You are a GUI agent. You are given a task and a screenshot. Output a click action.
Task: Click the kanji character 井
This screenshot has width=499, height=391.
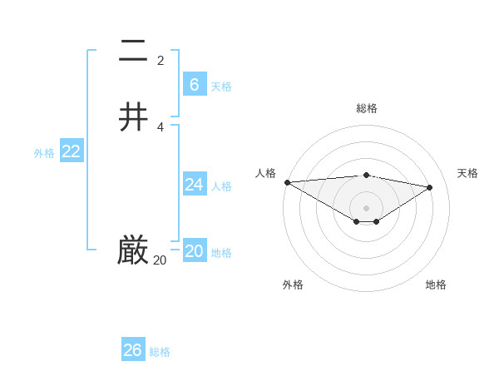(x=134, y=117)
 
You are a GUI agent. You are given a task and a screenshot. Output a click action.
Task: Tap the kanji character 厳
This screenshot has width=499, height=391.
(x=134, y=250)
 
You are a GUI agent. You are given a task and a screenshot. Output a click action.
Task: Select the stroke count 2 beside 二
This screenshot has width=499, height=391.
(x=161, y=60)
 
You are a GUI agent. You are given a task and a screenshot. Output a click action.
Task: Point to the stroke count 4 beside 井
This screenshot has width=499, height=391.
(x=161, y=126)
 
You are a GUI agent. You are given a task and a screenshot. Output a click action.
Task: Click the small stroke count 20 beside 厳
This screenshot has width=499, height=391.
(x=160, y=260)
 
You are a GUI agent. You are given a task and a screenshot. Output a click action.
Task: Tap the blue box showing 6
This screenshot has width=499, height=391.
(x=195, y=84)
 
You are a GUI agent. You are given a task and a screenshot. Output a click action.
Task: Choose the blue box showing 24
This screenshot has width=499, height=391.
(x=195, y=185)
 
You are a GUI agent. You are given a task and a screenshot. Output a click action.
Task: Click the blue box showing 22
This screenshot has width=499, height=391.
(x=72, y=151)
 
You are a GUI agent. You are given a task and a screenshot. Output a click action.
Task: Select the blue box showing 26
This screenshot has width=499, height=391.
(x=133, y=350)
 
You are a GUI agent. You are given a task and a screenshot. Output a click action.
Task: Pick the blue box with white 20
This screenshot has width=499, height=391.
(x=195, y=251)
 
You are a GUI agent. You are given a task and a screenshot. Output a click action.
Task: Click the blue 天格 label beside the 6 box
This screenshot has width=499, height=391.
(x=221, y=86)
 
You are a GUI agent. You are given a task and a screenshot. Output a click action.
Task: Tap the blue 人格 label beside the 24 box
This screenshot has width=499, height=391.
(x=221, y=186)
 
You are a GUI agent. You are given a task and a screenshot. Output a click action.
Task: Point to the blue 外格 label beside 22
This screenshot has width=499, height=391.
(x=44, y=153)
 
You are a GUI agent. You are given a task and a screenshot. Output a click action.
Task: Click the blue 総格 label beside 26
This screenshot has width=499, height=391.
(x=160, y=352)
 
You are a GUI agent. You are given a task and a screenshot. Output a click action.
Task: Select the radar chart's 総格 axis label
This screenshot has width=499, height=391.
(x=367, y=108)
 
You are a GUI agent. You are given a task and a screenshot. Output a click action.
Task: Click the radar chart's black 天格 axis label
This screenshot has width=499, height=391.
(x=468, y=173)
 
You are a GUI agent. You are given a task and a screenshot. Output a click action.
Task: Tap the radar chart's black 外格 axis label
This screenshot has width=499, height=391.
(x=293, y=285)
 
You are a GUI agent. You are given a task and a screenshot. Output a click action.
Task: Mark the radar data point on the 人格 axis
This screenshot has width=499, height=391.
(x=287, y=182)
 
